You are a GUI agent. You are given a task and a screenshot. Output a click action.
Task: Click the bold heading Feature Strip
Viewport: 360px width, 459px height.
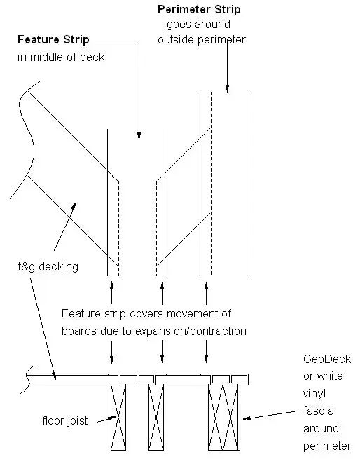(53, 39)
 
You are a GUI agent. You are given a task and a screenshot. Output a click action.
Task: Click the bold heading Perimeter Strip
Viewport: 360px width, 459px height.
(199, 9)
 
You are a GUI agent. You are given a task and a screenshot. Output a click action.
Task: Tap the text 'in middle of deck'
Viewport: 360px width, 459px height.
(61, 57)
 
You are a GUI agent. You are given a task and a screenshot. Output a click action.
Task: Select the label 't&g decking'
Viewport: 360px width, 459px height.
(48, 267)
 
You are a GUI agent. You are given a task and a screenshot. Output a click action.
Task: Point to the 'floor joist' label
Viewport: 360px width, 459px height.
(65, 420)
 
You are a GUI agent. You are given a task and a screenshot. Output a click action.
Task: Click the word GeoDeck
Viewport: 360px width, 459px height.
(327, 359)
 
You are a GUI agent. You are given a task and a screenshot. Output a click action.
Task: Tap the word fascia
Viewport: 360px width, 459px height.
(319, 411)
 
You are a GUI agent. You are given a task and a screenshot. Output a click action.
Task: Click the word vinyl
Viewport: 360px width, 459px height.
(314, 394)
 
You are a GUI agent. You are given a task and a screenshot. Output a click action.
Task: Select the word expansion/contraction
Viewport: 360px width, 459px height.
(191, 331)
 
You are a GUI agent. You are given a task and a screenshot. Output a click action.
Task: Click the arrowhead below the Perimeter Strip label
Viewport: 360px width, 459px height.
(227, 88)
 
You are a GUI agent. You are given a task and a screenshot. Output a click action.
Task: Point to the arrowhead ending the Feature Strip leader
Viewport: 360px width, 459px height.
(139, 136)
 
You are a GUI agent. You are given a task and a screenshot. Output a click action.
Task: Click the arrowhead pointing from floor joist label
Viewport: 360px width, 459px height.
(112, 418)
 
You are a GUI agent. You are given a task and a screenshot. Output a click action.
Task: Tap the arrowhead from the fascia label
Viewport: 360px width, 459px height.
(247, 418)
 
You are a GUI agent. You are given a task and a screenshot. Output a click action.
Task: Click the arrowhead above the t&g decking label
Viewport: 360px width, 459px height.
(74, 206)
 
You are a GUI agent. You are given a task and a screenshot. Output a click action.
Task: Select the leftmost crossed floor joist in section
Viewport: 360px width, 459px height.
(118, 417)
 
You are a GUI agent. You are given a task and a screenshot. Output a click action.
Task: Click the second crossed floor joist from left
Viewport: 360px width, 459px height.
(156, 417)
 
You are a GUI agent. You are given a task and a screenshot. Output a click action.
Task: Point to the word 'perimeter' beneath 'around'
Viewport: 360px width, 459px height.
(327, 446)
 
